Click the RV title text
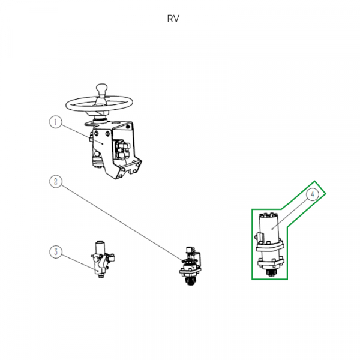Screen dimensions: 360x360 pos(173,19)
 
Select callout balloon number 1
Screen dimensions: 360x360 pos(55,122)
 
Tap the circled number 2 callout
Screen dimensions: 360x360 pos(55,180)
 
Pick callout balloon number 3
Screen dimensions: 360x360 pos(55,252)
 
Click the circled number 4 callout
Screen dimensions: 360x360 pos(313,194)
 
